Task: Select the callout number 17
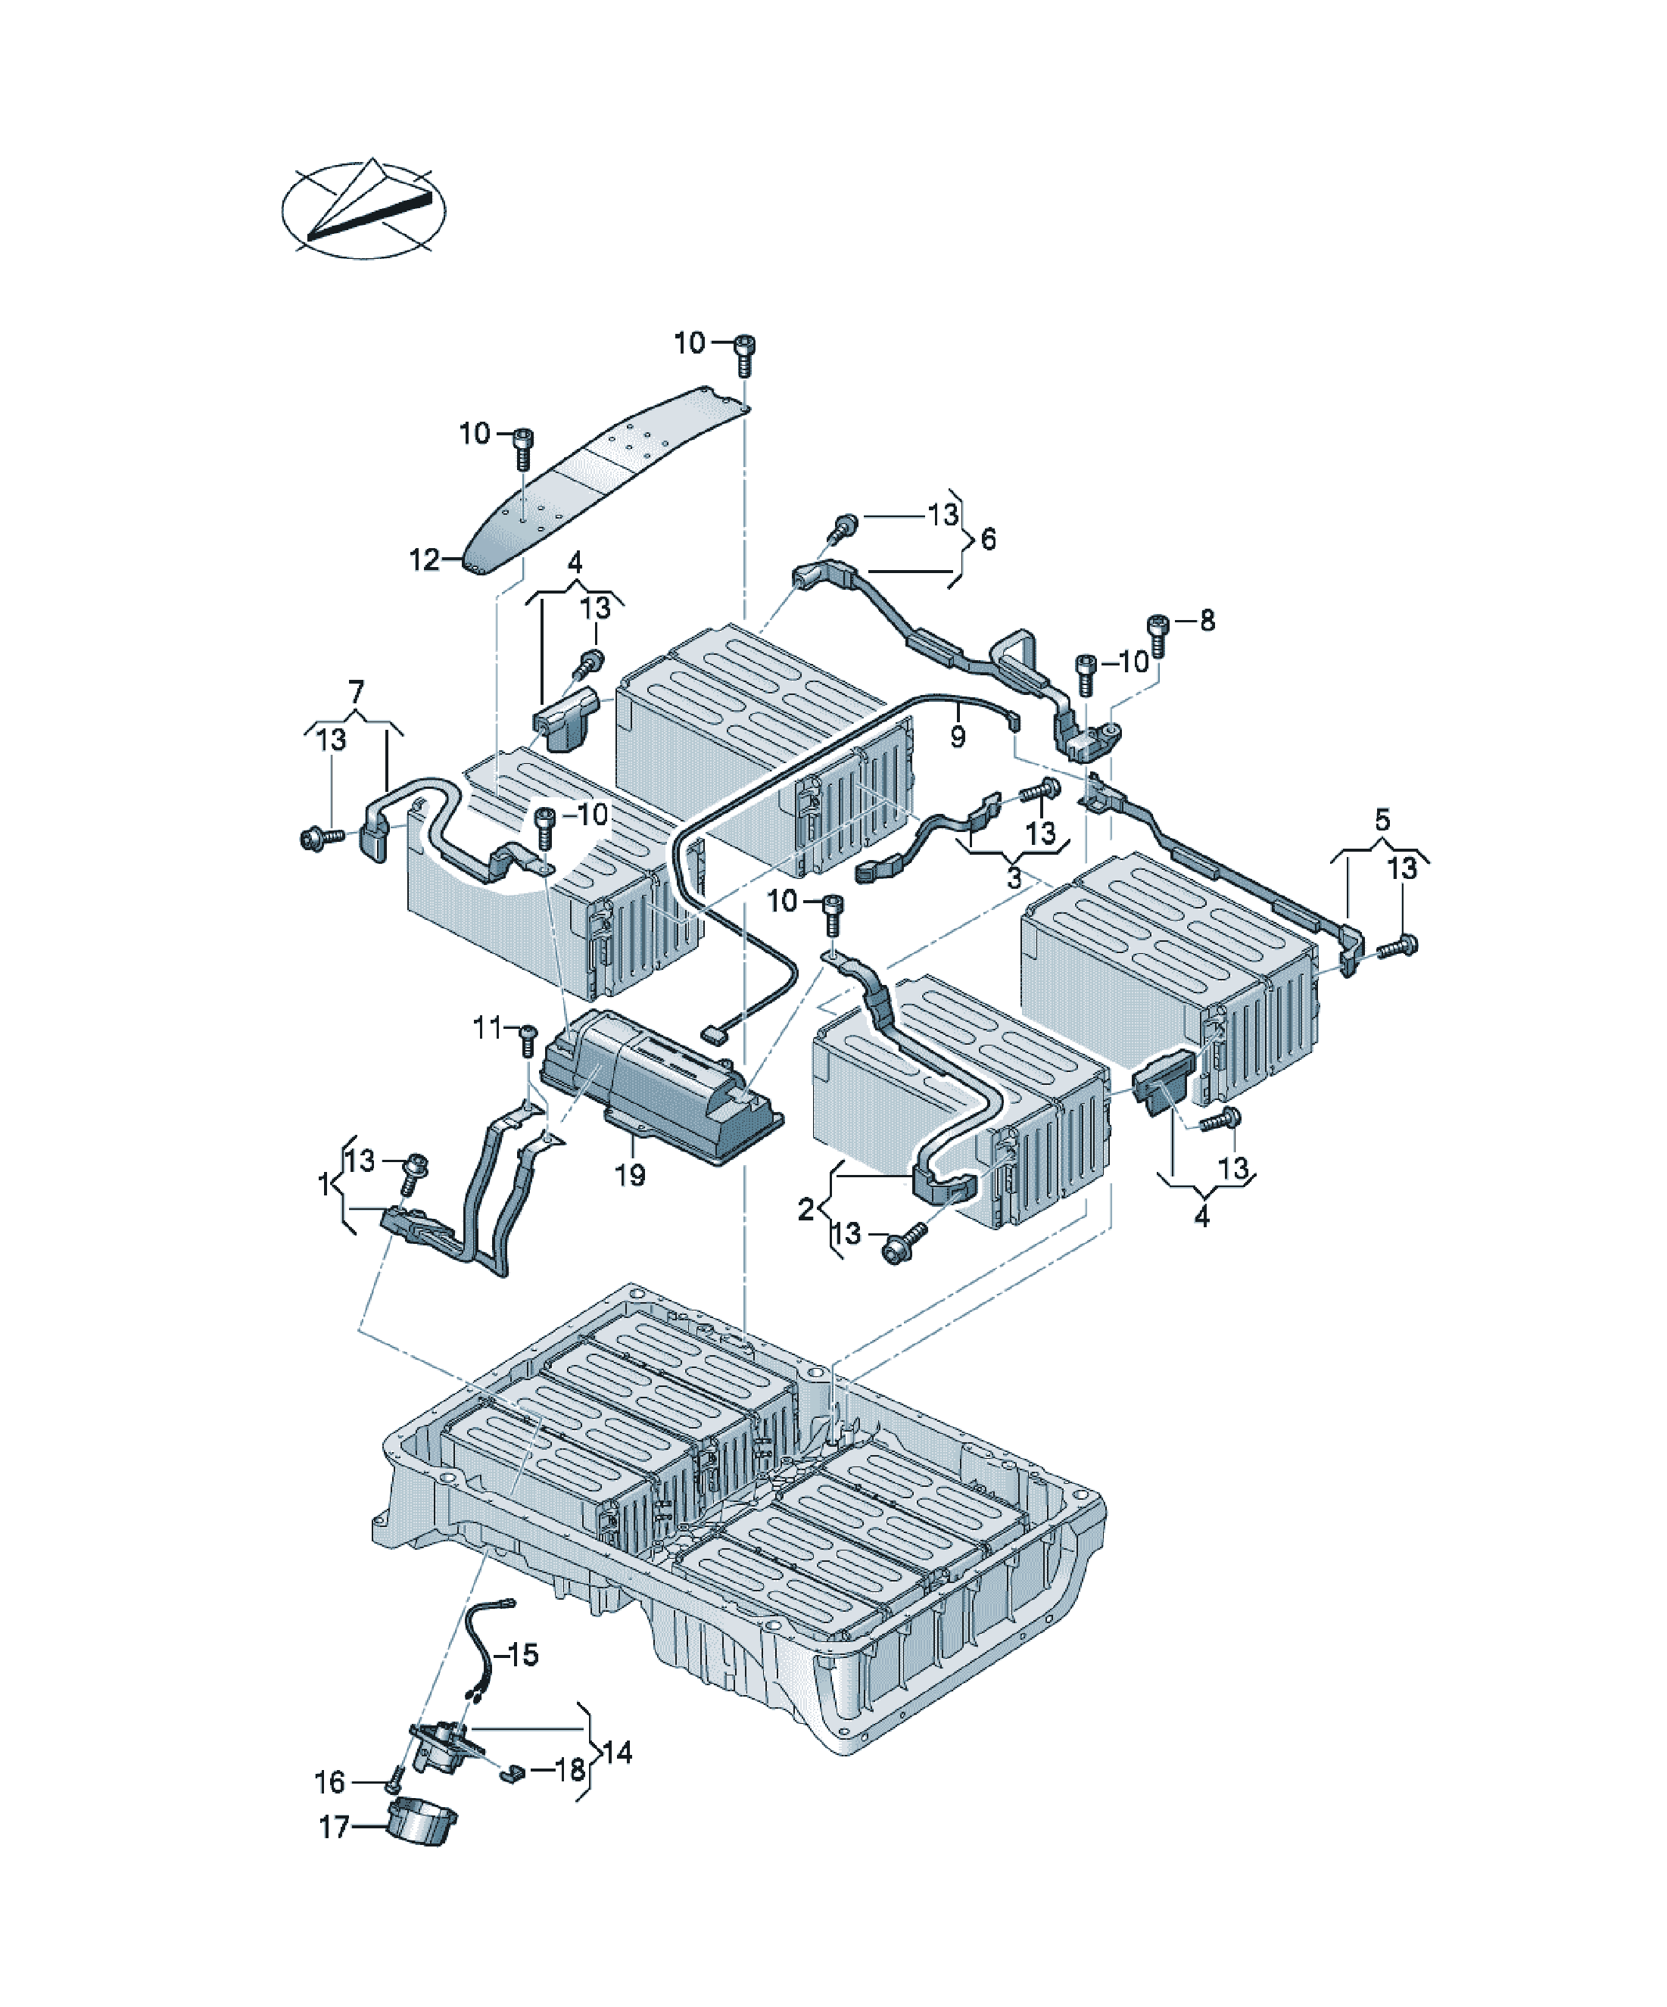(x=334, y=1828)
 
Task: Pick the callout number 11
(x=487, y=1028)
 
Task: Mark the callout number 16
(x=330, y=1781)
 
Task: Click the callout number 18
(x=570, y=1769)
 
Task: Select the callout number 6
(x=989, y=539)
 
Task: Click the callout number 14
(x=618, y=1752)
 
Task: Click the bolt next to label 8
(x=1158, y=634)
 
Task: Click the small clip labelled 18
(x=513, y=1775)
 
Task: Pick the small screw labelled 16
(x=394, y=1781)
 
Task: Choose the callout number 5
(x=1382, y=820)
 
